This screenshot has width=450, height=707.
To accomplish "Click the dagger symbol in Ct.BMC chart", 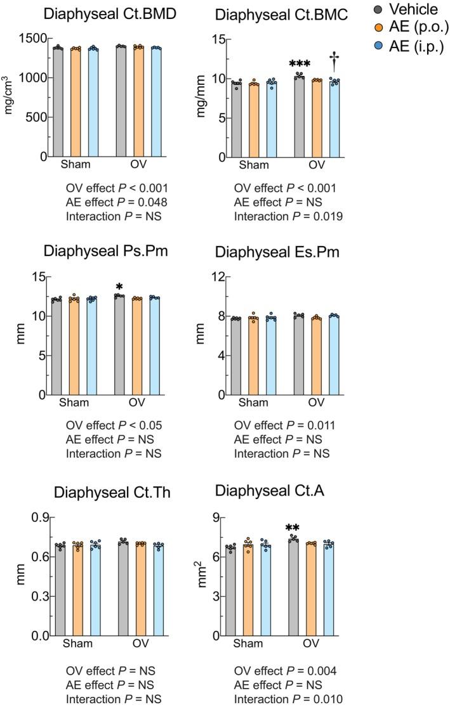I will click(x=334, y=63).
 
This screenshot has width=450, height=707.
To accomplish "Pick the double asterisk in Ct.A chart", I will click(x=293, y=527).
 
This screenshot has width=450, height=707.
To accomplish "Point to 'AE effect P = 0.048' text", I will click(x=116, y=202).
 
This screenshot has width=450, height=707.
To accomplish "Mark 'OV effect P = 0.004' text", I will click(x=285, y=671).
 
